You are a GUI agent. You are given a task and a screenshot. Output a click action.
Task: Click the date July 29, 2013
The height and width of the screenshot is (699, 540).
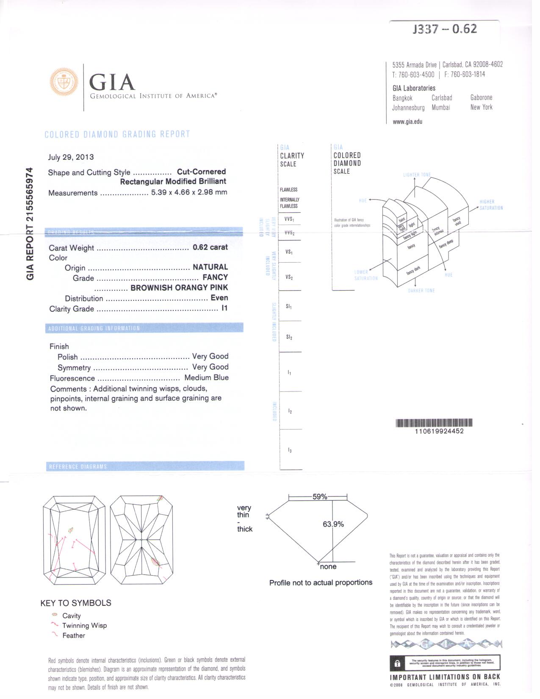tap(71, 157)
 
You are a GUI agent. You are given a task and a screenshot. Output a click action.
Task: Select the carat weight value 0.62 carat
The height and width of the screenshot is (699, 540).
tap(210, 247)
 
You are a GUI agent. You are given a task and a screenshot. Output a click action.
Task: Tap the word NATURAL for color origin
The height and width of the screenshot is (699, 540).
tap(210, 267)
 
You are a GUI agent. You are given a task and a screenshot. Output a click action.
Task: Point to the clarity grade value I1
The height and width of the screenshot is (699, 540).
tap(224, 308)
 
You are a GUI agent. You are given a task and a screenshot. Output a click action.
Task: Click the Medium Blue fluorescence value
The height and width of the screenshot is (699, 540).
tap(206, 377)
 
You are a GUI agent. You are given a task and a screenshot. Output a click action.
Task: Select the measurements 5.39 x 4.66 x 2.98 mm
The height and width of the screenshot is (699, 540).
tap(189, 192)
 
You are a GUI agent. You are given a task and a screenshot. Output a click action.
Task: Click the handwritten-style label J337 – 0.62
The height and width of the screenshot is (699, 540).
tap(445, 29)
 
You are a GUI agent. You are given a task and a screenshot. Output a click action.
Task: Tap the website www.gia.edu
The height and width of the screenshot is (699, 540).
tap(407, 122)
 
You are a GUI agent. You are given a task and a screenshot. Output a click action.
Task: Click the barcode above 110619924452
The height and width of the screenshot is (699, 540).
tap(434, 422)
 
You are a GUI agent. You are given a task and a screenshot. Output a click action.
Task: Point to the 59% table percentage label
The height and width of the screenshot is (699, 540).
tap(320, 497)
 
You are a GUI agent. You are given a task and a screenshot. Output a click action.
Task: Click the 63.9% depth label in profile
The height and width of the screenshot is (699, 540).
tap(333, 524)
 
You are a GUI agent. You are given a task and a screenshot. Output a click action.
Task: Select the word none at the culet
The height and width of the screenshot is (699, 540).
tap(328, 566)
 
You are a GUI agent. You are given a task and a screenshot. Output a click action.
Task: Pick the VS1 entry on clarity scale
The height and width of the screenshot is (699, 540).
tap(289, 252)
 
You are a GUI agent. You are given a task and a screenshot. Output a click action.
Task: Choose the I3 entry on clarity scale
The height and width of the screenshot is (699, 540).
tap(290, 450)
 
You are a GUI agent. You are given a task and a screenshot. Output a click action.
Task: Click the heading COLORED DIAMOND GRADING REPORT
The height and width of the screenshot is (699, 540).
tap(117, 134)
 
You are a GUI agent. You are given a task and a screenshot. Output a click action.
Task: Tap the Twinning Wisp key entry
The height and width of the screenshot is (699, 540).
tap(84, 625)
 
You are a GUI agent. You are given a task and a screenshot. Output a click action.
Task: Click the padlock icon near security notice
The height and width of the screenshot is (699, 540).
tap(397, 663)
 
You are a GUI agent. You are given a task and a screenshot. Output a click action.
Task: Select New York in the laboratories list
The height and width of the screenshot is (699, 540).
tap(481, 107)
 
